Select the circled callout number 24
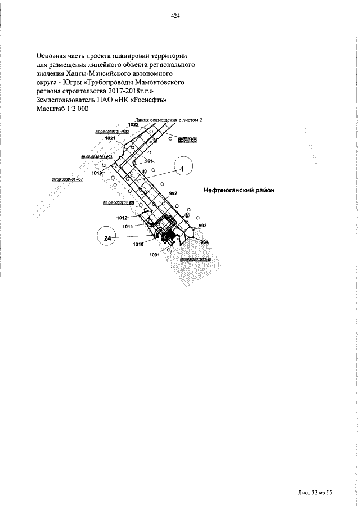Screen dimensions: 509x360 (107, 238)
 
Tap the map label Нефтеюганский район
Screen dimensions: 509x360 (239, 190)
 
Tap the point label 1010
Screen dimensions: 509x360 (138, 244)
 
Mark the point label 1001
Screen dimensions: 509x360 (155, 255)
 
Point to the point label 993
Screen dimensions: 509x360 (202, 225)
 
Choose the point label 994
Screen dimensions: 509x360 (204, 242)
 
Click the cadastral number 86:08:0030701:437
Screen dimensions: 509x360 (67, 179)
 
